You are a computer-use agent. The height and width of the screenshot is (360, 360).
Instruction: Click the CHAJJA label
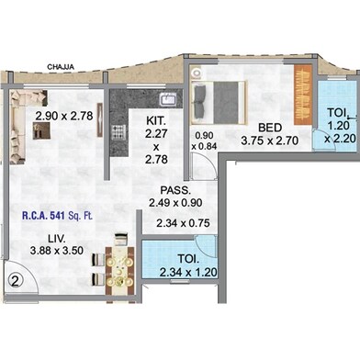point(61,67)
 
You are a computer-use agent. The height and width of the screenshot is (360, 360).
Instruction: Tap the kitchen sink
point(167,99)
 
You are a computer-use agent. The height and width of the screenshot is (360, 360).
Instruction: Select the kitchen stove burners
point(118,132)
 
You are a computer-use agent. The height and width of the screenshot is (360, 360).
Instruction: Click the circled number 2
point(16,280)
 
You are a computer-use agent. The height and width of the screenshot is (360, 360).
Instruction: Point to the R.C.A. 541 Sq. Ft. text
point(57,216)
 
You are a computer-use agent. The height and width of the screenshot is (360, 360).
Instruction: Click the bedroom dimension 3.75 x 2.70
point(269,141)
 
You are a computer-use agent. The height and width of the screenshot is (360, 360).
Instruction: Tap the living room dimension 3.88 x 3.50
point(57,251)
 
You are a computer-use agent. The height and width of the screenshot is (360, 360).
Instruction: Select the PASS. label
point(175,190)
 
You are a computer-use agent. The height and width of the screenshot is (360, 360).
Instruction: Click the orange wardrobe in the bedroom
point(303,95)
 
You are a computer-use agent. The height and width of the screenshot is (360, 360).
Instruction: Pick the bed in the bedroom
point(219,103)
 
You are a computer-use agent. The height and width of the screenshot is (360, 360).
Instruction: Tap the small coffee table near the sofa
point(41,130)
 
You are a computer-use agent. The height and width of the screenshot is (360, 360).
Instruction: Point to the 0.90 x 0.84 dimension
point(204,141)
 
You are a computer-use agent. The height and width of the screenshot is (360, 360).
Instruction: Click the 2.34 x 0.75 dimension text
point(183,223)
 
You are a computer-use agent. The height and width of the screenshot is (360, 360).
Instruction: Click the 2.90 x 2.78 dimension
point(64,116)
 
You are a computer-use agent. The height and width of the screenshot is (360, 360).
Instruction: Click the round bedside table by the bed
point(196,73)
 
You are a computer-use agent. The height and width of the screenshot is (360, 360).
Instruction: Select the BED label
point(270,128)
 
